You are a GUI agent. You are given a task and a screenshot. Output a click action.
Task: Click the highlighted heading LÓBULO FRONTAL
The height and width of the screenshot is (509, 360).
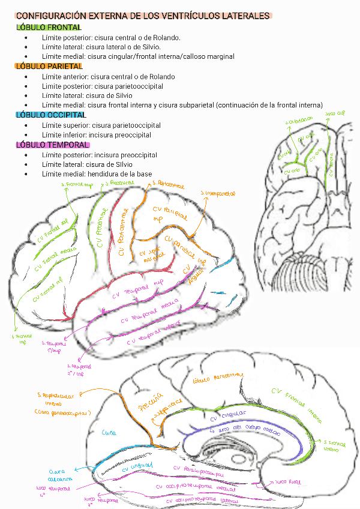click(49, 28)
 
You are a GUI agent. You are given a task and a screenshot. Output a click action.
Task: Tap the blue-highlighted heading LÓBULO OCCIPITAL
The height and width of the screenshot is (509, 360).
click(51, 115)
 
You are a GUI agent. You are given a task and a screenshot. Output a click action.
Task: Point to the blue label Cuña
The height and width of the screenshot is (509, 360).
click(109, 432)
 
